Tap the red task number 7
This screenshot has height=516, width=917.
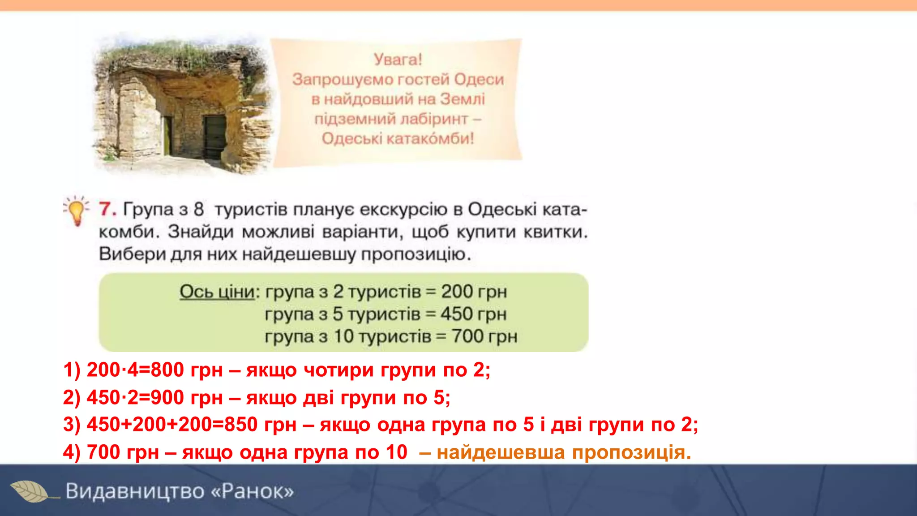(107, 209)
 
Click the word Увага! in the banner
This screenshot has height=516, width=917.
(398, 60)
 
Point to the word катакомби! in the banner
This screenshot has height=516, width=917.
(429, 138)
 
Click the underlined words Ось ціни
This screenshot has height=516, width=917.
(217, 292)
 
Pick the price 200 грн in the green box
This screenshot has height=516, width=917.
(474, 292)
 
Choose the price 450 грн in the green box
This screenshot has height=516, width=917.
(473, 314)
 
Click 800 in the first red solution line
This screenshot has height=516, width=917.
(167, 370)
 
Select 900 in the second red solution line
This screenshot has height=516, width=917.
(167, 398)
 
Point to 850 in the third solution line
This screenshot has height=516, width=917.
(241, 425)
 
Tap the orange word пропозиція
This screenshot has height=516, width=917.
(631, 452)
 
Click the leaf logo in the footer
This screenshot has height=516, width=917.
(30, 491)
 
